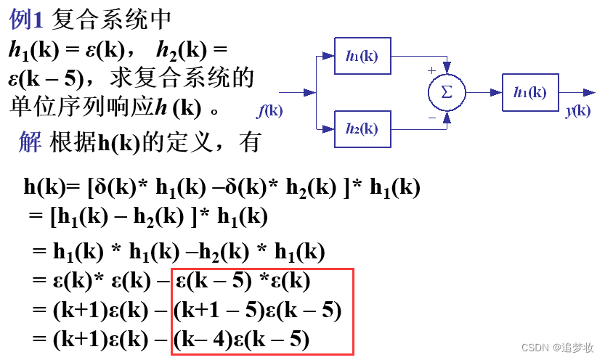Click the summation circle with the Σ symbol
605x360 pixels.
tap(446, 92)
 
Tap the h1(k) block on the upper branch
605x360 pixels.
tap(362, 56)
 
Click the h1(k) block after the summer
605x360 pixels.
tap(530, 92)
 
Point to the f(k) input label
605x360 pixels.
tap(270, 111)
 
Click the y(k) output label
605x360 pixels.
tap(577, 110)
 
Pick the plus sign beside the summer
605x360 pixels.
tap(431, 70)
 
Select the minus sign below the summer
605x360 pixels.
tap(431, 116)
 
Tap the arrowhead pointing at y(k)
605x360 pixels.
tap(589, 92)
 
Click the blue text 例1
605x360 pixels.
tap(28, 20)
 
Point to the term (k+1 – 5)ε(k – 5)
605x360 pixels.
tap(258, 311)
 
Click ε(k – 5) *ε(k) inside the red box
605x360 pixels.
tap(243, 282)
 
